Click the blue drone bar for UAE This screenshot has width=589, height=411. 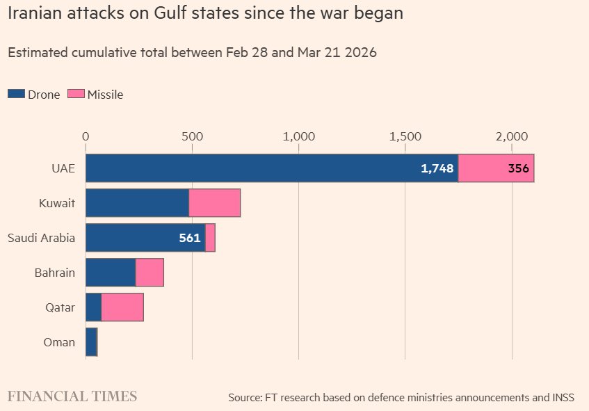click(271, 168)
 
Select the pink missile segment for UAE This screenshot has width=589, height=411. click(496, 168)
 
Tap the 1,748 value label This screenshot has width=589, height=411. click(437, 168)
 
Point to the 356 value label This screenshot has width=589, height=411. click(518, 168)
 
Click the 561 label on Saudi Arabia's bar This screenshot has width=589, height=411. click(189, 238)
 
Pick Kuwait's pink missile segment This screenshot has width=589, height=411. click(214, 203)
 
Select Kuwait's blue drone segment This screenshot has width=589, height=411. click(137, 203)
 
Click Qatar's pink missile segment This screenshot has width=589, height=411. click(122, 307)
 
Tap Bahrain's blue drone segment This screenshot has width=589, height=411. click(110, 273)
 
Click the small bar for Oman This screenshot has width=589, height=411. click(91, 342)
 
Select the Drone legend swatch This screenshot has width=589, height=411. click(16, 95)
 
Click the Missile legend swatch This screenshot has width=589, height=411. click(76, 95)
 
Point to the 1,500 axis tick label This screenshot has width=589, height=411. click(405, 136)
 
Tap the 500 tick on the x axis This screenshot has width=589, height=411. click(192, 136)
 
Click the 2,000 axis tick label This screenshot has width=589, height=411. click(512, 136)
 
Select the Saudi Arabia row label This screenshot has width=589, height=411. click(41, 238)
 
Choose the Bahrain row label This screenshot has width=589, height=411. click(54, 273)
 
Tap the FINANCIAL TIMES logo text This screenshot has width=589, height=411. click(72, 396)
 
